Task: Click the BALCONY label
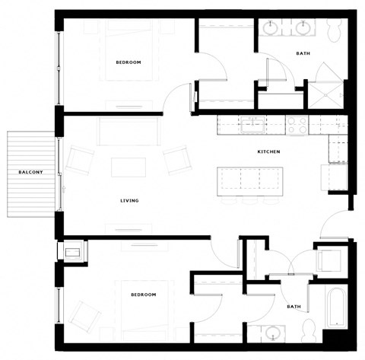tap(31, 173)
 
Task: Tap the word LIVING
tap(129, 200)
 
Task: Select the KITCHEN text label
tap(268, 152)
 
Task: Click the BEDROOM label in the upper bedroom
tap(129, 62)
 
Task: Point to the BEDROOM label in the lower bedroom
tap(143, 294)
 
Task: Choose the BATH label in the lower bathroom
tap(294, 307)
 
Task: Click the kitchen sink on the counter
tap(253, 122)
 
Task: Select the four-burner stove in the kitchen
tap(297, 122)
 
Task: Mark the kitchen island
tap(245, 181)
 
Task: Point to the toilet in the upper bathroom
tap(335, 30)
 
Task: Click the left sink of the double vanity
tap(273, 29)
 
